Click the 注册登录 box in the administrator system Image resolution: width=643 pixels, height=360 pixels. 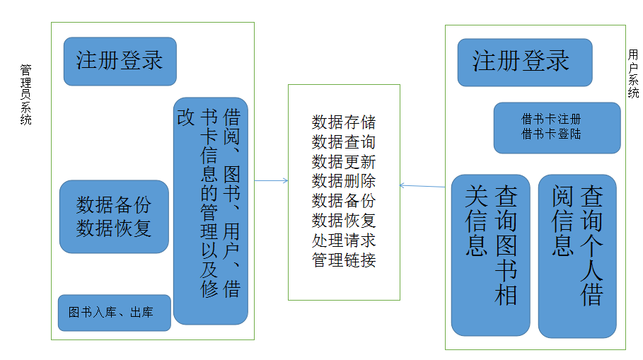click(120, 61)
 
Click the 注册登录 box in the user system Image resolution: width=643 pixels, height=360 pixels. click(524, 62)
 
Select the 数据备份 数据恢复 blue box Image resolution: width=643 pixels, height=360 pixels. click(114, 216)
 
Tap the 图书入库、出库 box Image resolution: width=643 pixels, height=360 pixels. click(114, 313)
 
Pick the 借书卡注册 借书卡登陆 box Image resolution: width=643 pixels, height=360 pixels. click(556, 127)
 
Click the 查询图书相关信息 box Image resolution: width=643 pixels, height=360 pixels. click(490, 255)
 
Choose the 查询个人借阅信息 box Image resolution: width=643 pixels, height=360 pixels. click(577, 255)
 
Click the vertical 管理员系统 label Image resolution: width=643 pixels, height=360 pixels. click(26, 95)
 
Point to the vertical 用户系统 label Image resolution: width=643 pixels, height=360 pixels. click(633, 74)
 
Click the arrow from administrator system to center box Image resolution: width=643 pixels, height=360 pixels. click(271, 181)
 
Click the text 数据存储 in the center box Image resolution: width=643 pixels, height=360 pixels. click(344, 122)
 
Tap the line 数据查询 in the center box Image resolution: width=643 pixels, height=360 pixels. click(344, 141)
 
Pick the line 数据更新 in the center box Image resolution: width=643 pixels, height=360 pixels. click(344, 161)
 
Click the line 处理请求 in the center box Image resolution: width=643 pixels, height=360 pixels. click(344, 240)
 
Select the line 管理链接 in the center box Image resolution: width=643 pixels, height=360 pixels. click(344, 260)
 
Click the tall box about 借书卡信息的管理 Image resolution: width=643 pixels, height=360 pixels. click(211, 211)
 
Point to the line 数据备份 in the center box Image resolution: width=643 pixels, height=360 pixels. click(344, 200)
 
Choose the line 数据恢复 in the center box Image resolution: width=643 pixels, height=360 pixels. click(344, 220)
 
